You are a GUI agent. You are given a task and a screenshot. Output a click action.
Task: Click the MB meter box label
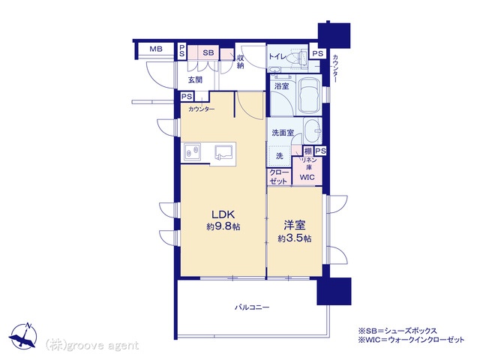click(x=156, y=49)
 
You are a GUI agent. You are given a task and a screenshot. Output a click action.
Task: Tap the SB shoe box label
click(x=208, y=52)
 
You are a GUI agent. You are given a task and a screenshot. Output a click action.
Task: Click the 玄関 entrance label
click(x=195, y=80)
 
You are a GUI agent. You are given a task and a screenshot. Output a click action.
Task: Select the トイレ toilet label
click(x=277, y=57)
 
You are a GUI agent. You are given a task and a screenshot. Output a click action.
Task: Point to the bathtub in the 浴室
click(x=309, y=95)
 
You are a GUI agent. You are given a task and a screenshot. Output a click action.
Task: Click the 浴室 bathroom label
click(x=282, y=86)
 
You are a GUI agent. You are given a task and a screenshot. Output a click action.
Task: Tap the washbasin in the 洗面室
click(x=313, y=131)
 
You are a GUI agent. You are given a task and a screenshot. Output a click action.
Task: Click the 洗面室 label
click(x=283, y=133)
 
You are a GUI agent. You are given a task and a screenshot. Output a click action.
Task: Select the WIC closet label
click(x=307, y=177)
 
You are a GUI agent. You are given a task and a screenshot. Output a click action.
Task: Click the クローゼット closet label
click(x=278, y=177)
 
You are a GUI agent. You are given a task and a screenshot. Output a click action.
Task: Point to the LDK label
click(x=223, y=214)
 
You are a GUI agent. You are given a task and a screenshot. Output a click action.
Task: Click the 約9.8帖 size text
click(x=223, y=226)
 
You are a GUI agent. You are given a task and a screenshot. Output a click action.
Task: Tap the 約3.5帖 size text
click(x=295, y=238)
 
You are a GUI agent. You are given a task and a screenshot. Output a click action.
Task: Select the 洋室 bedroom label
click(x=295, y=225)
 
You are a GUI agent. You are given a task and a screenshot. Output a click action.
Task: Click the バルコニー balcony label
click(x=252, y=307)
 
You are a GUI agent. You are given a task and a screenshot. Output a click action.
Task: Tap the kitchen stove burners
click(x=192, y=151)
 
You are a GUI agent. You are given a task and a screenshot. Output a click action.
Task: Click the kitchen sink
click(x=225, y=152)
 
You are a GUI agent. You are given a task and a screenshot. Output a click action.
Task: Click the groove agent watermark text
click(x=91, y=346)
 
